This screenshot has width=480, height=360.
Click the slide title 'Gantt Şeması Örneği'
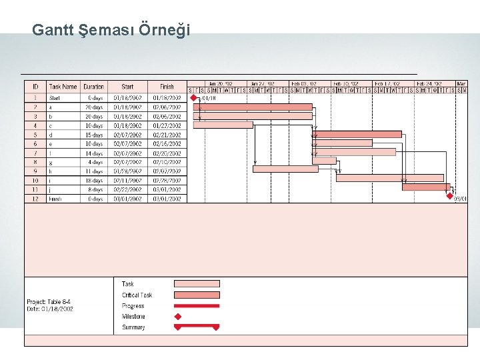pyautogui.click(x=111, y=30)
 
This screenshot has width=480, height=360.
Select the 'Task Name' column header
pyautogui.click(x=63, y=87)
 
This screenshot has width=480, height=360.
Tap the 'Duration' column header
pyautogui.click(x=94, y=87)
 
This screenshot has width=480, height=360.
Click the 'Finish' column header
pyautogui.click(x=167, y=87)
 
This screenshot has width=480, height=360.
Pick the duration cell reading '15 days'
pyautogui.click(x=94, y=135)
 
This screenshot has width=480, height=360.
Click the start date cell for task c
pyautogui.click(x=127, y=125)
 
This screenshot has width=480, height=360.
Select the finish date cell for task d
pyautogui.click(x=167, y=135)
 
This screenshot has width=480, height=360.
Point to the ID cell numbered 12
pyautogui.click(x=35, y=199)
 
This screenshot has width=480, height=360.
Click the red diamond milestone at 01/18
pyautogui.click(x=194, y=97)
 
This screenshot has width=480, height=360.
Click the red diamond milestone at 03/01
pyautogui.click(x=450, y=196)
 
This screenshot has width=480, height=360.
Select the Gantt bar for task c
pyautogui.click(x=223, y=125)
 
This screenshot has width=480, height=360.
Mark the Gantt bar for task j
pyautogui.click(x=426, y=187)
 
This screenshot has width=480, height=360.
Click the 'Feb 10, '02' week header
pyautogui.click(x=347, y=84)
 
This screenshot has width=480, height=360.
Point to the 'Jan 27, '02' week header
pyautogui.click(x=263, y=84)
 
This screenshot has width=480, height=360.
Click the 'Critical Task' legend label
pyautogui.click(x=137, y=295)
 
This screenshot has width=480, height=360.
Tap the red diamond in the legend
pyautogui.click(x=178, y=317)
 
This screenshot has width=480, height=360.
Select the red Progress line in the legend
pyautogui.click(x=196, y=306)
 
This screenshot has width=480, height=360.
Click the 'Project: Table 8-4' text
pyautogui.click(x=49, y=302)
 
